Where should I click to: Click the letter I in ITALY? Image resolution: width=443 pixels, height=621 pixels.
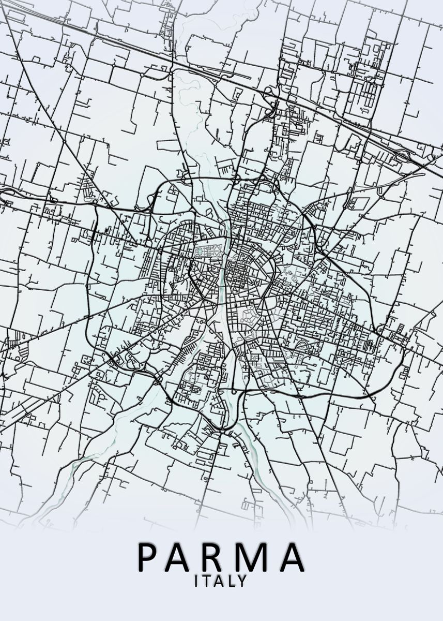[x=196, y=581]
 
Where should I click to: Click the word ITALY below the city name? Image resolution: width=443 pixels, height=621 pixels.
[x=220, y=581]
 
